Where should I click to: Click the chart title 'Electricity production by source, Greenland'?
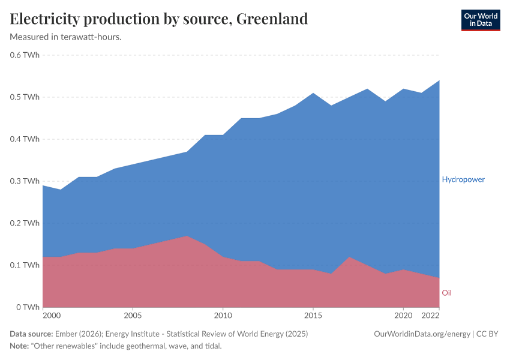coord(159,19)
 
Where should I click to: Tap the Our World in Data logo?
coord(480,20)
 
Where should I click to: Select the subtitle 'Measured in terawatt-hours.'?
coord(66,37)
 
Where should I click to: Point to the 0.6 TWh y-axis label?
coord(25,55)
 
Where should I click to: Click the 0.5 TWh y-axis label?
coord(25,97)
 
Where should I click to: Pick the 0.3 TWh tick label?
coord(25,181)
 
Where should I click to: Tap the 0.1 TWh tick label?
coord(25,265)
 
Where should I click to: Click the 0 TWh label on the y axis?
coord(28,307)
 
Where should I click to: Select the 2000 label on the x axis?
coord(52,315)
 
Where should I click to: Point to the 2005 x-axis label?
coord(133,315)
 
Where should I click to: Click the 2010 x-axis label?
coord(223,315)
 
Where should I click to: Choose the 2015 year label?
coord(313,315)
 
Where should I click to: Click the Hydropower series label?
coord(463,179)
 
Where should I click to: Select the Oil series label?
coord(446,293)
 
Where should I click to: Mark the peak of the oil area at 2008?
coord(187,236)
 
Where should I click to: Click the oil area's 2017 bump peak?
coord(349,257)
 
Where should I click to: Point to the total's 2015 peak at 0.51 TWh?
coord(313,94)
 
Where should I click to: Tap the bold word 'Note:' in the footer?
coord(20,346)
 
